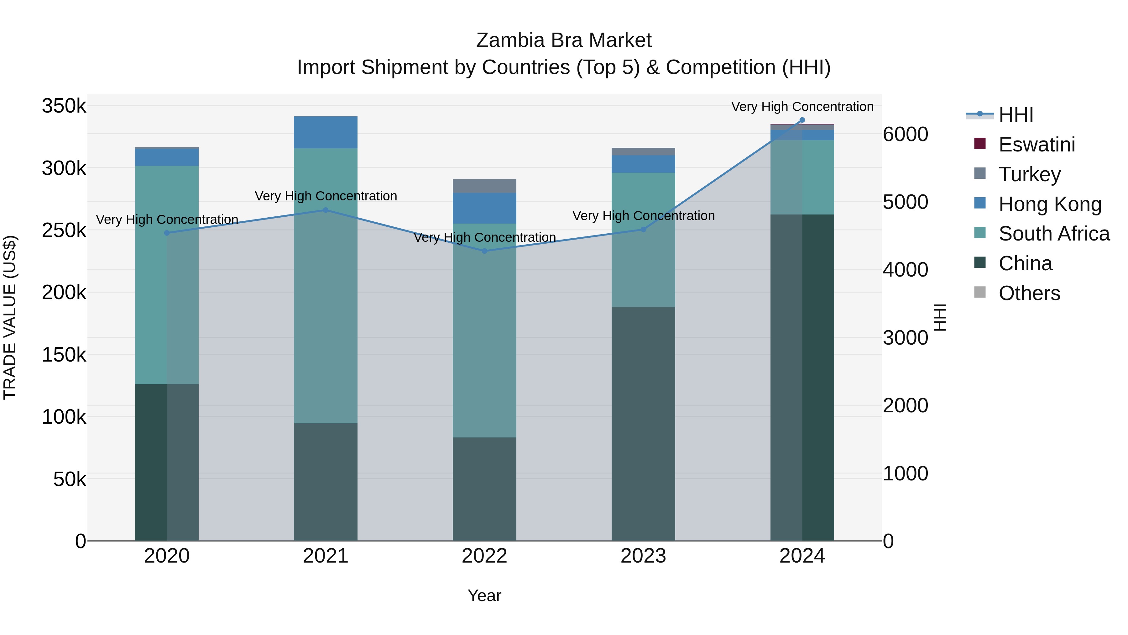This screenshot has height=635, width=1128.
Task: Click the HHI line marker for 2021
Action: (x=325, y=210)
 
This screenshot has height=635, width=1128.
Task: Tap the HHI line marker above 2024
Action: (x=802, y=120)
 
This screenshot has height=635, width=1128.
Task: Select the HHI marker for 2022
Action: (x=484, y=251)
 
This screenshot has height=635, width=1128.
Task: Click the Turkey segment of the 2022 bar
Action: (x=484, y=186)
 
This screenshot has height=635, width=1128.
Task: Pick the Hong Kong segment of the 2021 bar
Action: (x=325, y=132)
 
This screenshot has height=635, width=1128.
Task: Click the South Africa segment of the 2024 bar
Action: (x=802, y=177)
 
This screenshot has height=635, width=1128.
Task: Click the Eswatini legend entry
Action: (x=1036, y=145)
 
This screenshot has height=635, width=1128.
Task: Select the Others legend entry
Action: (x=1029, y=293)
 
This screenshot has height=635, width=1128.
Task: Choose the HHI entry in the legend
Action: (x=1016, y=115)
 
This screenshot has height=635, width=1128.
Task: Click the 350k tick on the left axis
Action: (x=64, y=106)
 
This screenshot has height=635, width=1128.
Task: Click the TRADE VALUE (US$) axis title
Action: (x=10, y=317)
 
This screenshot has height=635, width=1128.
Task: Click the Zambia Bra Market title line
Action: (x=564, y=40)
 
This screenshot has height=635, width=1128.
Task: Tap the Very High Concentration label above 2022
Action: (x=484, y=237)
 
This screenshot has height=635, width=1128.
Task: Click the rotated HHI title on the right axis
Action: (x=940, y=317)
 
